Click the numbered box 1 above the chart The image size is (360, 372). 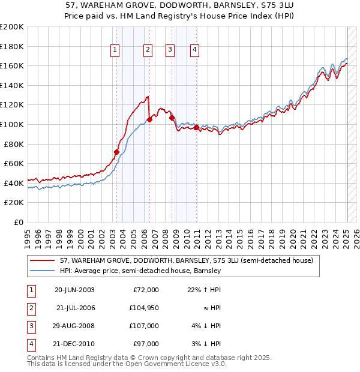click(115, 50)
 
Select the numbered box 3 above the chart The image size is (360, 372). click(170, 50)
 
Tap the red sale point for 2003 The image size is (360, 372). click(116, 152)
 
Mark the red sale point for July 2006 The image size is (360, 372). click(149, 119)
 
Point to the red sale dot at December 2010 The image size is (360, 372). click(196, 127)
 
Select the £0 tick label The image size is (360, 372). click(18, 222)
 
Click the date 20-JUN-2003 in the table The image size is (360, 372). click(74, 290)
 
